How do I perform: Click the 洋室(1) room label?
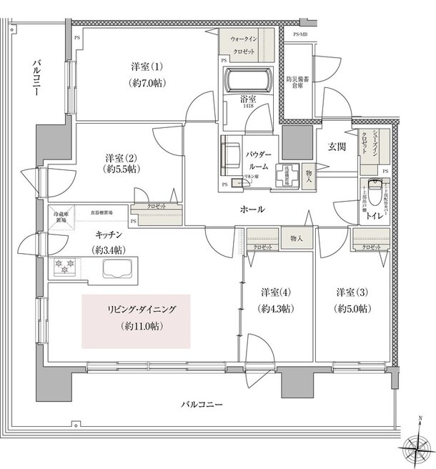pyautogui.click(x=147, y=74)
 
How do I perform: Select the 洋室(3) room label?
pyautogui.click(x=351, y=301)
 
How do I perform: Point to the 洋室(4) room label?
pyautogui.click(x=275, y=301)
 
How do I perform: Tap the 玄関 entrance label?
pyautogui.click(x=337, y=147)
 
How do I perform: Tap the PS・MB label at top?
pyautogui.click(x=299, y=35)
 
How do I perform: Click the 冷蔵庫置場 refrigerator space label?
pyautogui.click(x=59, y=216)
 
